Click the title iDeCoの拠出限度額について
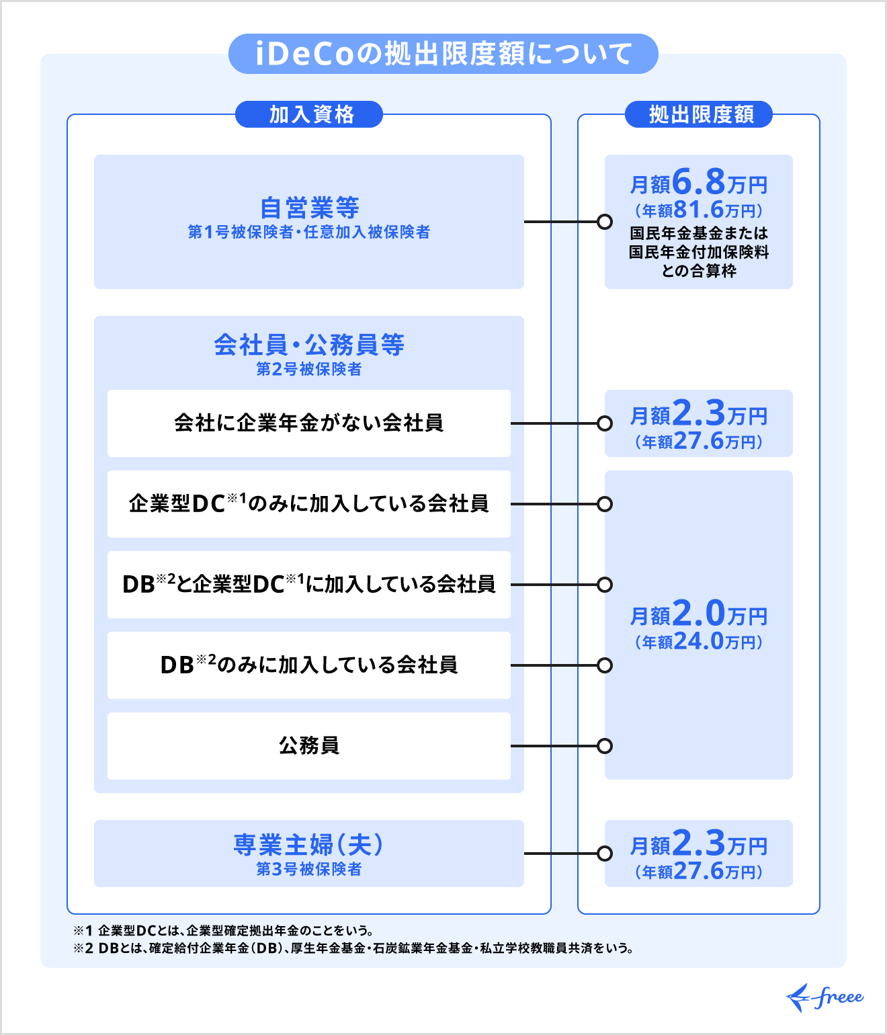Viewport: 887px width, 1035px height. [443, 54]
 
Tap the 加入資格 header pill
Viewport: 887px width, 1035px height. [309, 114]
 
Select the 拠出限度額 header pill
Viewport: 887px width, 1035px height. [699, 114]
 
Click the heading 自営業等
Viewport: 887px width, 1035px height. [309, 208]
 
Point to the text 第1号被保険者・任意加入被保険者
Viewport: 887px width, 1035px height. [309, 233]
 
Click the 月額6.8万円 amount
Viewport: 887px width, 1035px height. [699, 182]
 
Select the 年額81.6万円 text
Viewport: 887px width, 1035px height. [699, 210]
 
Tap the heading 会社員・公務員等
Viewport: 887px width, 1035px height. [309, 345]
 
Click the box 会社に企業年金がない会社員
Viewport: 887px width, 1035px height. [309, 423]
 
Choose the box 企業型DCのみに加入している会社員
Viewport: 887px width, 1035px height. [309, 504]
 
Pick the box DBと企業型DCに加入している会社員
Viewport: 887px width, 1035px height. [309, 585]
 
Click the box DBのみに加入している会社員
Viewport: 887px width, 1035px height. [309, 665]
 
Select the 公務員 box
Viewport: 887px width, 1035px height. [309, 746]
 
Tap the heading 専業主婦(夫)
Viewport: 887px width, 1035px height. [309, 845]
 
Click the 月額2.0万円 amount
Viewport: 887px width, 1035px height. [699, 614]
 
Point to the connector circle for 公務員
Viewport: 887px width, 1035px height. [605, 746]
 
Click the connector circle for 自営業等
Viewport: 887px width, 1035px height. [605, 222]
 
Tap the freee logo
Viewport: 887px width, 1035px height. [825, 997]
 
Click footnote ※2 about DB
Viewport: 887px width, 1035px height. [353, 948]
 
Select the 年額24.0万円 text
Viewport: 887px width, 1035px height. [699, 642]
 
